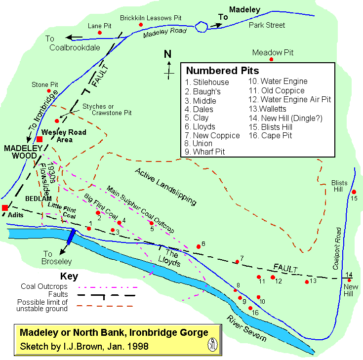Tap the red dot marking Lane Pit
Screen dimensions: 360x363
(x=100, y=33)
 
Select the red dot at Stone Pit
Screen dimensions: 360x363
(x=49, y=91)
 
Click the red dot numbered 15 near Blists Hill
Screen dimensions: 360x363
(x=354, y=192)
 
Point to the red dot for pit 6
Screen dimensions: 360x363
(x=199, y=246)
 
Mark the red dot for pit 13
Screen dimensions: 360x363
(x=307, y=281)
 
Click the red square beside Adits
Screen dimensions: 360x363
(x=5, y=208)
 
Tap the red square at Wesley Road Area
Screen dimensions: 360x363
(x=40, y=139)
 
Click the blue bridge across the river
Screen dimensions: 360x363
(x=72, y=236)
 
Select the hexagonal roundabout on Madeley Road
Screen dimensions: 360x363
(x=202, y=27)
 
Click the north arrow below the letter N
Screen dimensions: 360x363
(x=169, y=68)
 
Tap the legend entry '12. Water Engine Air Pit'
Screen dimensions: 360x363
(x=289, y=100)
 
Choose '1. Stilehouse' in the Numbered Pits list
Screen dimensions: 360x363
(x=207, y=82)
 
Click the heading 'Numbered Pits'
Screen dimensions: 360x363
(x=222, y=71)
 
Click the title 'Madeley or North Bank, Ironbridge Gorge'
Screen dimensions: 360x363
(x=114, y=333)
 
